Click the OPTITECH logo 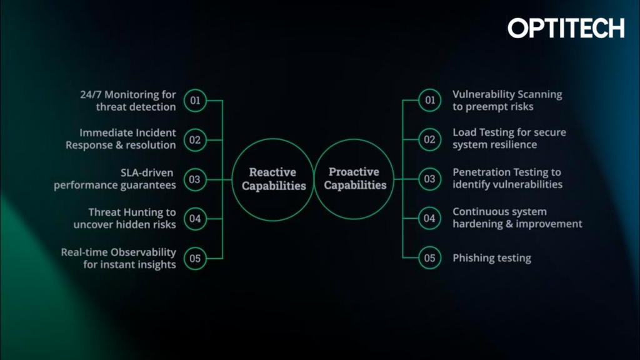point(566,28)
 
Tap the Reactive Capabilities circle point(274,179)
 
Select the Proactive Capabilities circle point(354,179)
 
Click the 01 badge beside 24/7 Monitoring point(195,101)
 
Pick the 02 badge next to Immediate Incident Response point(195,140)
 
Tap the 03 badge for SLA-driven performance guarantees point(195,179)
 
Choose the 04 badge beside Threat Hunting point(195,219)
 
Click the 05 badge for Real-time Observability point(195,258)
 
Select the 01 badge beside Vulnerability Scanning point(429,101)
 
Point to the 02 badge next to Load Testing point(429,140)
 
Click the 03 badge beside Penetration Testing point(429,179)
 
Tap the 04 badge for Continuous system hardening point(429,219)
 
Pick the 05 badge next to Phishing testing point(429,258)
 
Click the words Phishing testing point(492,258)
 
